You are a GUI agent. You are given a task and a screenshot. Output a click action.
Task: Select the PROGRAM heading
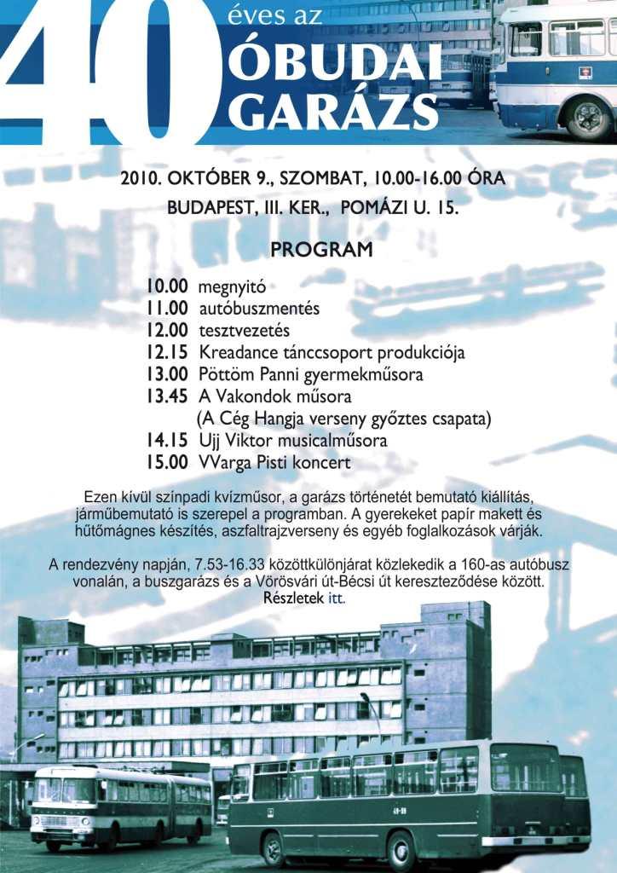point(321,250)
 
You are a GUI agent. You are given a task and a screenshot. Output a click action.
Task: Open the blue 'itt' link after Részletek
point(337,598)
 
